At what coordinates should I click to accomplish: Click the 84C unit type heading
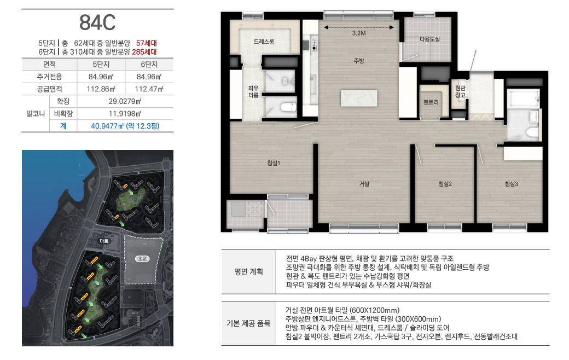pos(97,23)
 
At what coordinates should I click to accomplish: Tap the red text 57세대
pos(146,43)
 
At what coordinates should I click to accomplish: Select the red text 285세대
pos(144,52)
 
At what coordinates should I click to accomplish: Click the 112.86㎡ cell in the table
pos(101,89)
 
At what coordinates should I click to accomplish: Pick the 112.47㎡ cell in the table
pos(149,89)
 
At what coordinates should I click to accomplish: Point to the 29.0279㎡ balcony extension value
pos(125,101)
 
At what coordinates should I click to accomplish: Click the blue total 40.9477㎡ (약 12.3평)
pos(125,126)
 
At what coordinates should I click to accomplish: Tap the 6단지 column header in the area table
pos(149,65)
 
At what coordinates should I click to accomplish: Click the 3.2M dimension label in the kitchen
pos(358,33)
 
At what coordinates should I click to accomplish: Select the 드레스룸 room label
pos(264,42)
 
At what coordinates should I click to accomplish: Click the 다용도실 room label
pos(429,39)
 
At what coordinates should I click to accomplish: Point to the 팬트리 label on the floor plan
pos(431,102)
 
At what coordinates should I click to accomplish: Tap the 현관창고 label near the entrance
pos(460,91)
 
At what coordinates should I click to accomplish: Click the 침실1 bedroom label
pos(273,163)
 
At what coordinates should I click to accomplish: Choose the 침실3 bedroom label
pos(512,184)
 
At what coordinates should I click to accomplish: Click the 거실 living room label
pos(364,184)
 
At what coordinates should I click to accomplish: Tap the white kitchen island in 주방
pos(359,98)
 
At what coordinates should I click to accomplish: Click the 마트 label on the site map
pos(104,241)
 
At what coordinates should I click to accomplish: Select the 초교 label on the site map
pos(142,259)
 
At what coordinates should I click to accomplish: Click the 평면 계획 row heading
pos(248,272)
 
